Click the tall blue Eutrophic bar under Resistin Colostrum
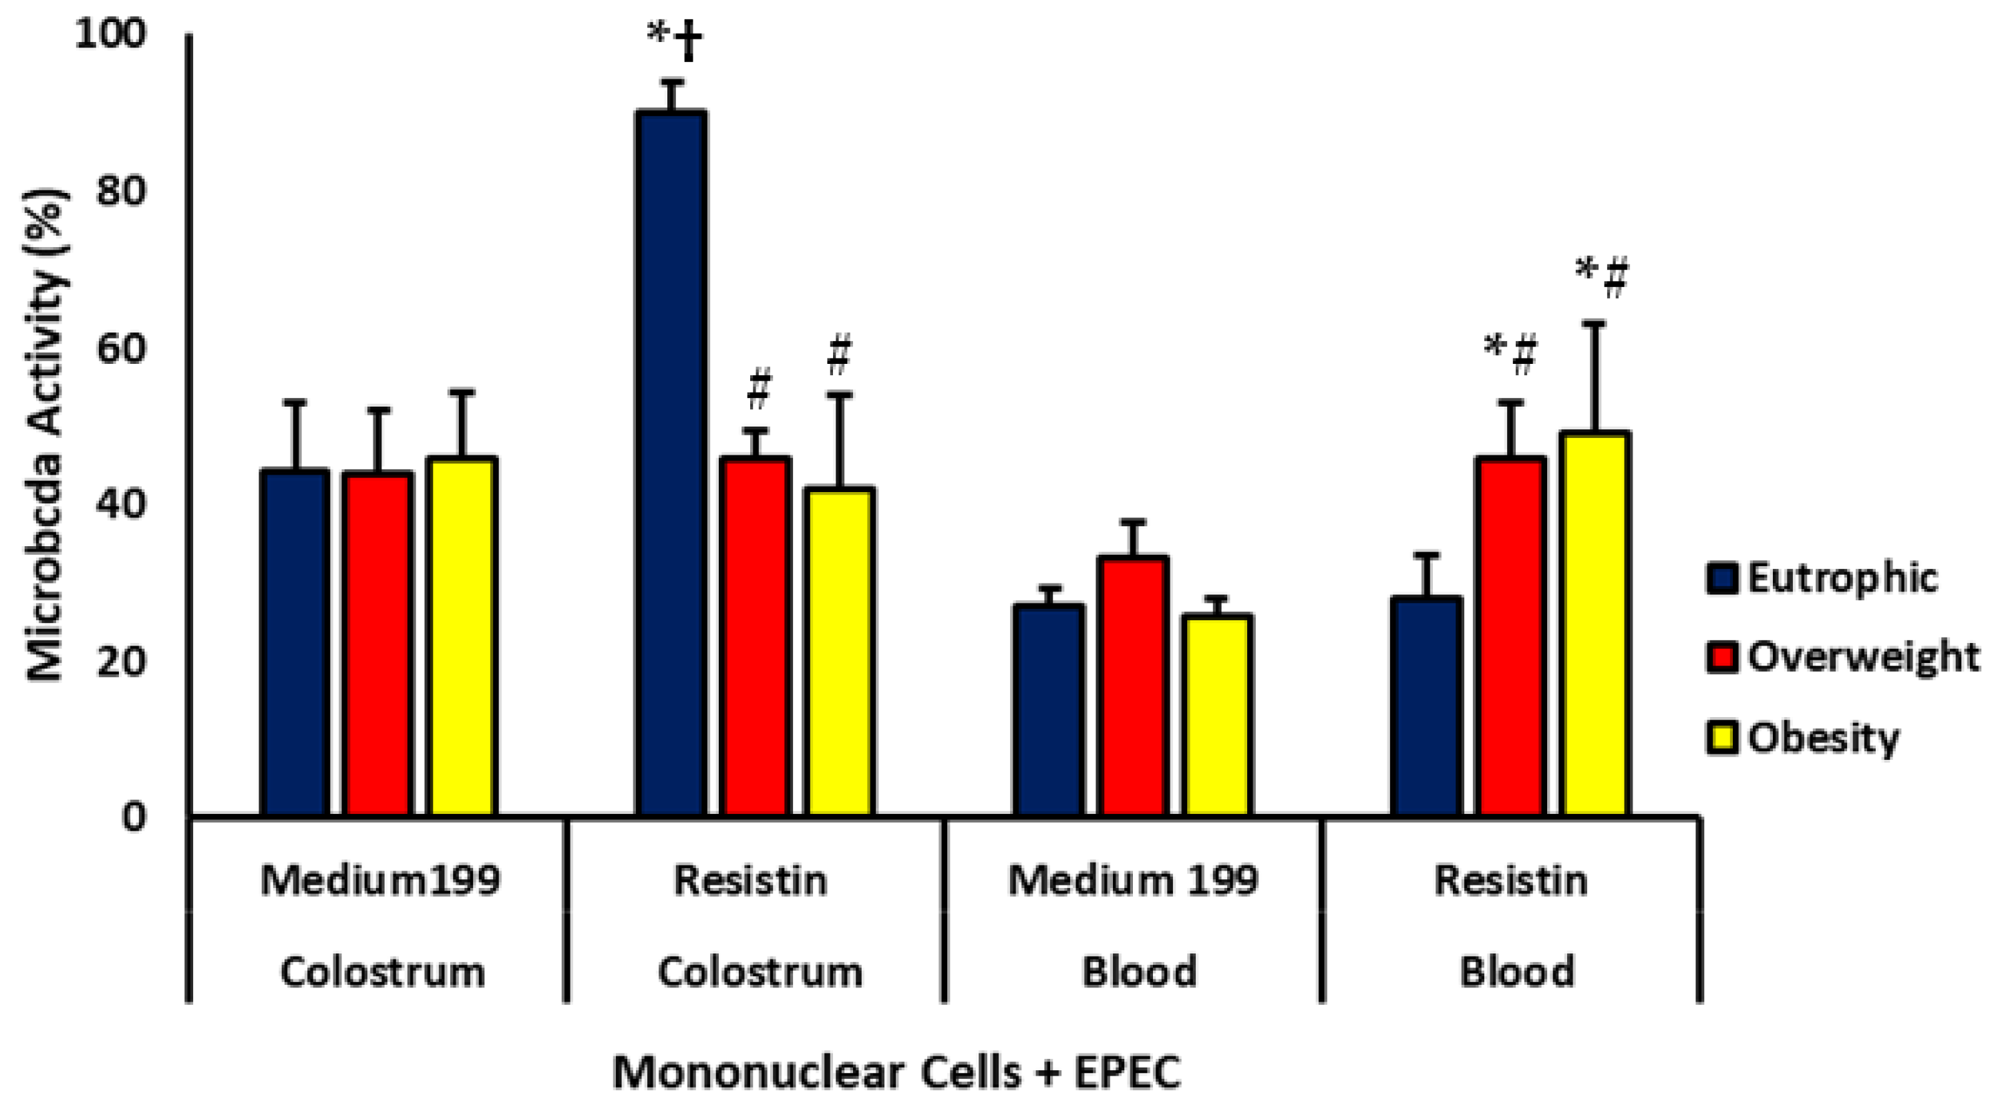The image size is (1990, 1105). coord(671,463)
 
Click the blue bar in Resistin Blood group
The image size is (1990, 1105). coord(1426,706)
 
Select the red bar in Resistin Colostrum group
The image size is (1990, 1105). coord(755,636)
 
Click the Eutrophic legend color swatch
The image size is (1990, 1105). coord(1722,578)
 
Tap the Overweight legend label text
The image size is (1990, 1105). coord(1862,657)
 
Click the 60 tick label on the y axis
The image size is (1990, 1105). coord(120,349)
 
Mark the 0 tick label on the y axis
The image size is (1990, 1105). coord(134,818)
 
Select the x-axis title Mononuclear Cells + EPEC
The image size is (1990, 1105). coord(896,1072)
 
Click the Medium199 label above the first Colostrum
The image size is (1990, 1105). coord(380,880)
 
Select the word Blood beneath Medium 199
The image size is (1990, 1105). coord(1139,971)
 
